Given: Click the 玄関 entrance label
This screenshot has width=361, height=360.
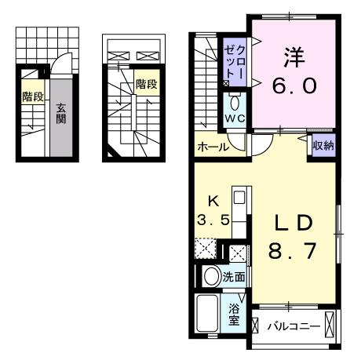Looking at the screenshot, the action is pos(60,114).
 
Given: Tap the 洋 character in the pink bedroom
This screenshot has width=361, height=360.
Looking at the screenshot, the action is pos(294,57).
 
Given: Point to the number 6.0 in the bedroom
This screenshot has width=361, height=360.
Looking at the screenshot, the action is pos(294,86).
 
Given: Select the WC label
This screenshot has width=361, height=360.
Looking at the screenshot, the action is pos(235,118).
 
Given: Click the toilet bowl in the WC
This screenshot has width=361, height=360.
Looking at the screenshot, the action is pos(235,103).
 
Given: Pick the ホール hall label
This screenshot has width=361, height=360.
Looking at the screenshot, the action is pos(213,147).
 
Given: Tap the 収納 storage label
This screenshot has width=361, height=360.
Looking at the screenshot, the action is pos(324,146).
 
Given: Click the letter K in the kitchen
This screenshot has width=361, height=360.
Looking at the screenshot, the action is pos(213,202).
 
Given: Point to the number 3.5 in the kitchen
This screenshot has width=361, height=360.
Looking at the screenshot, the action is pos(213,220).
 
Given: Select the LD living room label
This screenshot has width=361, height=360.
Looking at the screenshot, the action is pos(293,222).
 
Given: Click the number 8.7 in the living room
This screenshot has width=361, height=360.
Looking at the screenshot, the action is pos(293,250).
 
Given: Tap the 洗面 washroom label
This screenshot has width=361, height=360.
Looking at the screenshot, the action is pos(234,277).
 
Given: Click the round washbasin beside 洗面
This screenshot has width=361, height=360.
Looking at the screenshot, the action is pos(212,277).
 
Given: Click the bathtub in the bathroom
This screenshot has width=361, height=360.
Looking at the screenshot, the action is pos(207,313).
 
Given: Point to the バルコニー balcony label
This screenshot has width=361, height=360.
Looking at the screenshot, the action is pos(294,326).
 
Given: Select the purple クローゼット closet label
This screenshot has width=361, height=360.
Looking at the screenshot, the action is pos(235,62).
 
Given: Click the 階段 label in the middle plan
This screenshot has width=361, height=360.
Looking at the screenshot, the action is pos(147,84).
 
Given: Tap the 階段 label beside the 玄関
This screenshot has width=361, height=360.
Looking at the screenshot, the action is pos(33,96).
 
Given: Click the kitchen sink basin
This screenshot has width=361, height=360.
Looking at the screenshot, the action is pos(239,198).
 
